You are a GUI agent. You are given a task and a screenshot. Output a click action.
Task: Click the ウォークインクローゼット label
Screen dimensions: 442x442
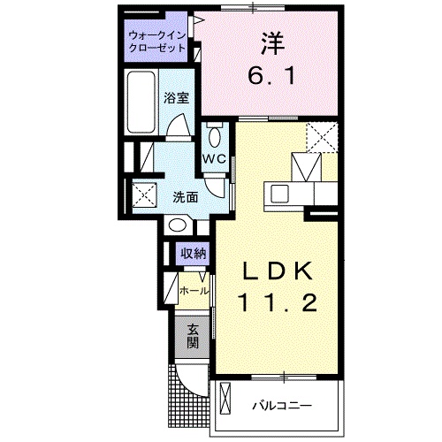tap(156, 42)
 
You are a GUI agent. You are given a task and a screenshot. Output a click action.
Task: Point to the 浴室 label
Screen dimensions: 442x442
tap(177, 98)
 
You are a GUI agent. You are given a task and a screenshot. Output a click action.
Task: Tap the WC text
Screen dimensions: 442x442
tap(215, 159)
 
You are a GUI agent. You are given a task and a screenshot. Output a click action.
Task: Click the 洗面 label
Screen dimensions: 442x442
tap(185, 196)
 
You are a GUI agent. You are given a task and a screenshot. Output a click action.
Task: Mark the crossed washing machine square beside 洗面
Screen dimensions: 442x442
tap(143, 194)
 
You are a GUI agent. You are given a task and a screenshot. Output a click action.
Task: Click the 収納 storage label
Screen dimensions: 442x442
tap(194, 254)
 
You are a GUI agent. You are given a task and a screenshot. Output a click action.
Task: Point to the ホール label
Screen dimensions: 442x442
tap(194, 290)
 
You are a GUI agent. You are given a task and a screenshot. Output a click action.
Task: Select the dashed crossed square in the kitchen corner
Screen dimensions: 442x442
tap(323, 138)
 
